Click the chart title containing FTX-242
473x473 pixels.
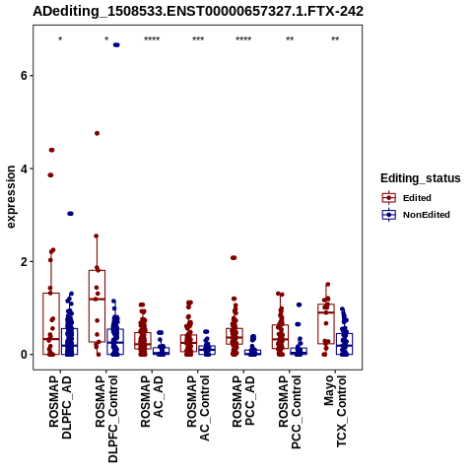click(x=198, y=12)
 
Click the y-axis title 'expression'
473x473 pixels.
click(x=11, y=197)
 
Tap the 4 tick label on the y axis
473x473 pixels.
click(x=24, y=169)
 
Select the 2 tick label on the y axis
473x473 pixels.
click(x=24, y=262)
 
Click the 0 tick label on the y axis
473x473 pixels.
click(x=24, y=355)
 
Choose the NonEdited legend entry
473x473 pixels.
click(x=416, y=215)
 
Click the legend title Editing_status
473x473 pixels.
click(x=421, y=178)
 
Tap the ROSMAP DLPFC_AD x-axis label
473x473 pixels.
click(x=60, y=407)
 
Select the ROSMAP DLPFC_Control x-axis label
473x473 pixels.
click(x=106, y=419)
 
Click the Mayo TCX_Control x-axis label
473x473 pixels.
click(x=335, y=412)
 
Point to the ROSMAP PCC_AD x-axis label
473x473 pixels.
click(x=243, y=401)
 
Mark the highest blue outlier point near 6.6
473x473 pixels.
click(x=116, y=45)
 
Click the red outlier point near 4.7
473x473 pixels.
click(x=97, y=133)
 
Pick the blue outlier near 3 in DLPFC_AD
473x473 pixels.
click(x=70, y=214)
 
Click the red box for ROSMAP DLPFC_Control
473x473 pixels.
click(x=97, y=305)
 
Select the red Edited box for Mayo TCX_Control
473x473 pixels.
click(x=326, y=324)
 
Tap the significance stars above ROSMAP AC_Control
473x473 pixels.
click(x=198, y=39)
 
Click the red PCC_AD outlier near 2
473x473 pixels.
click(x=234, y=258)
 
